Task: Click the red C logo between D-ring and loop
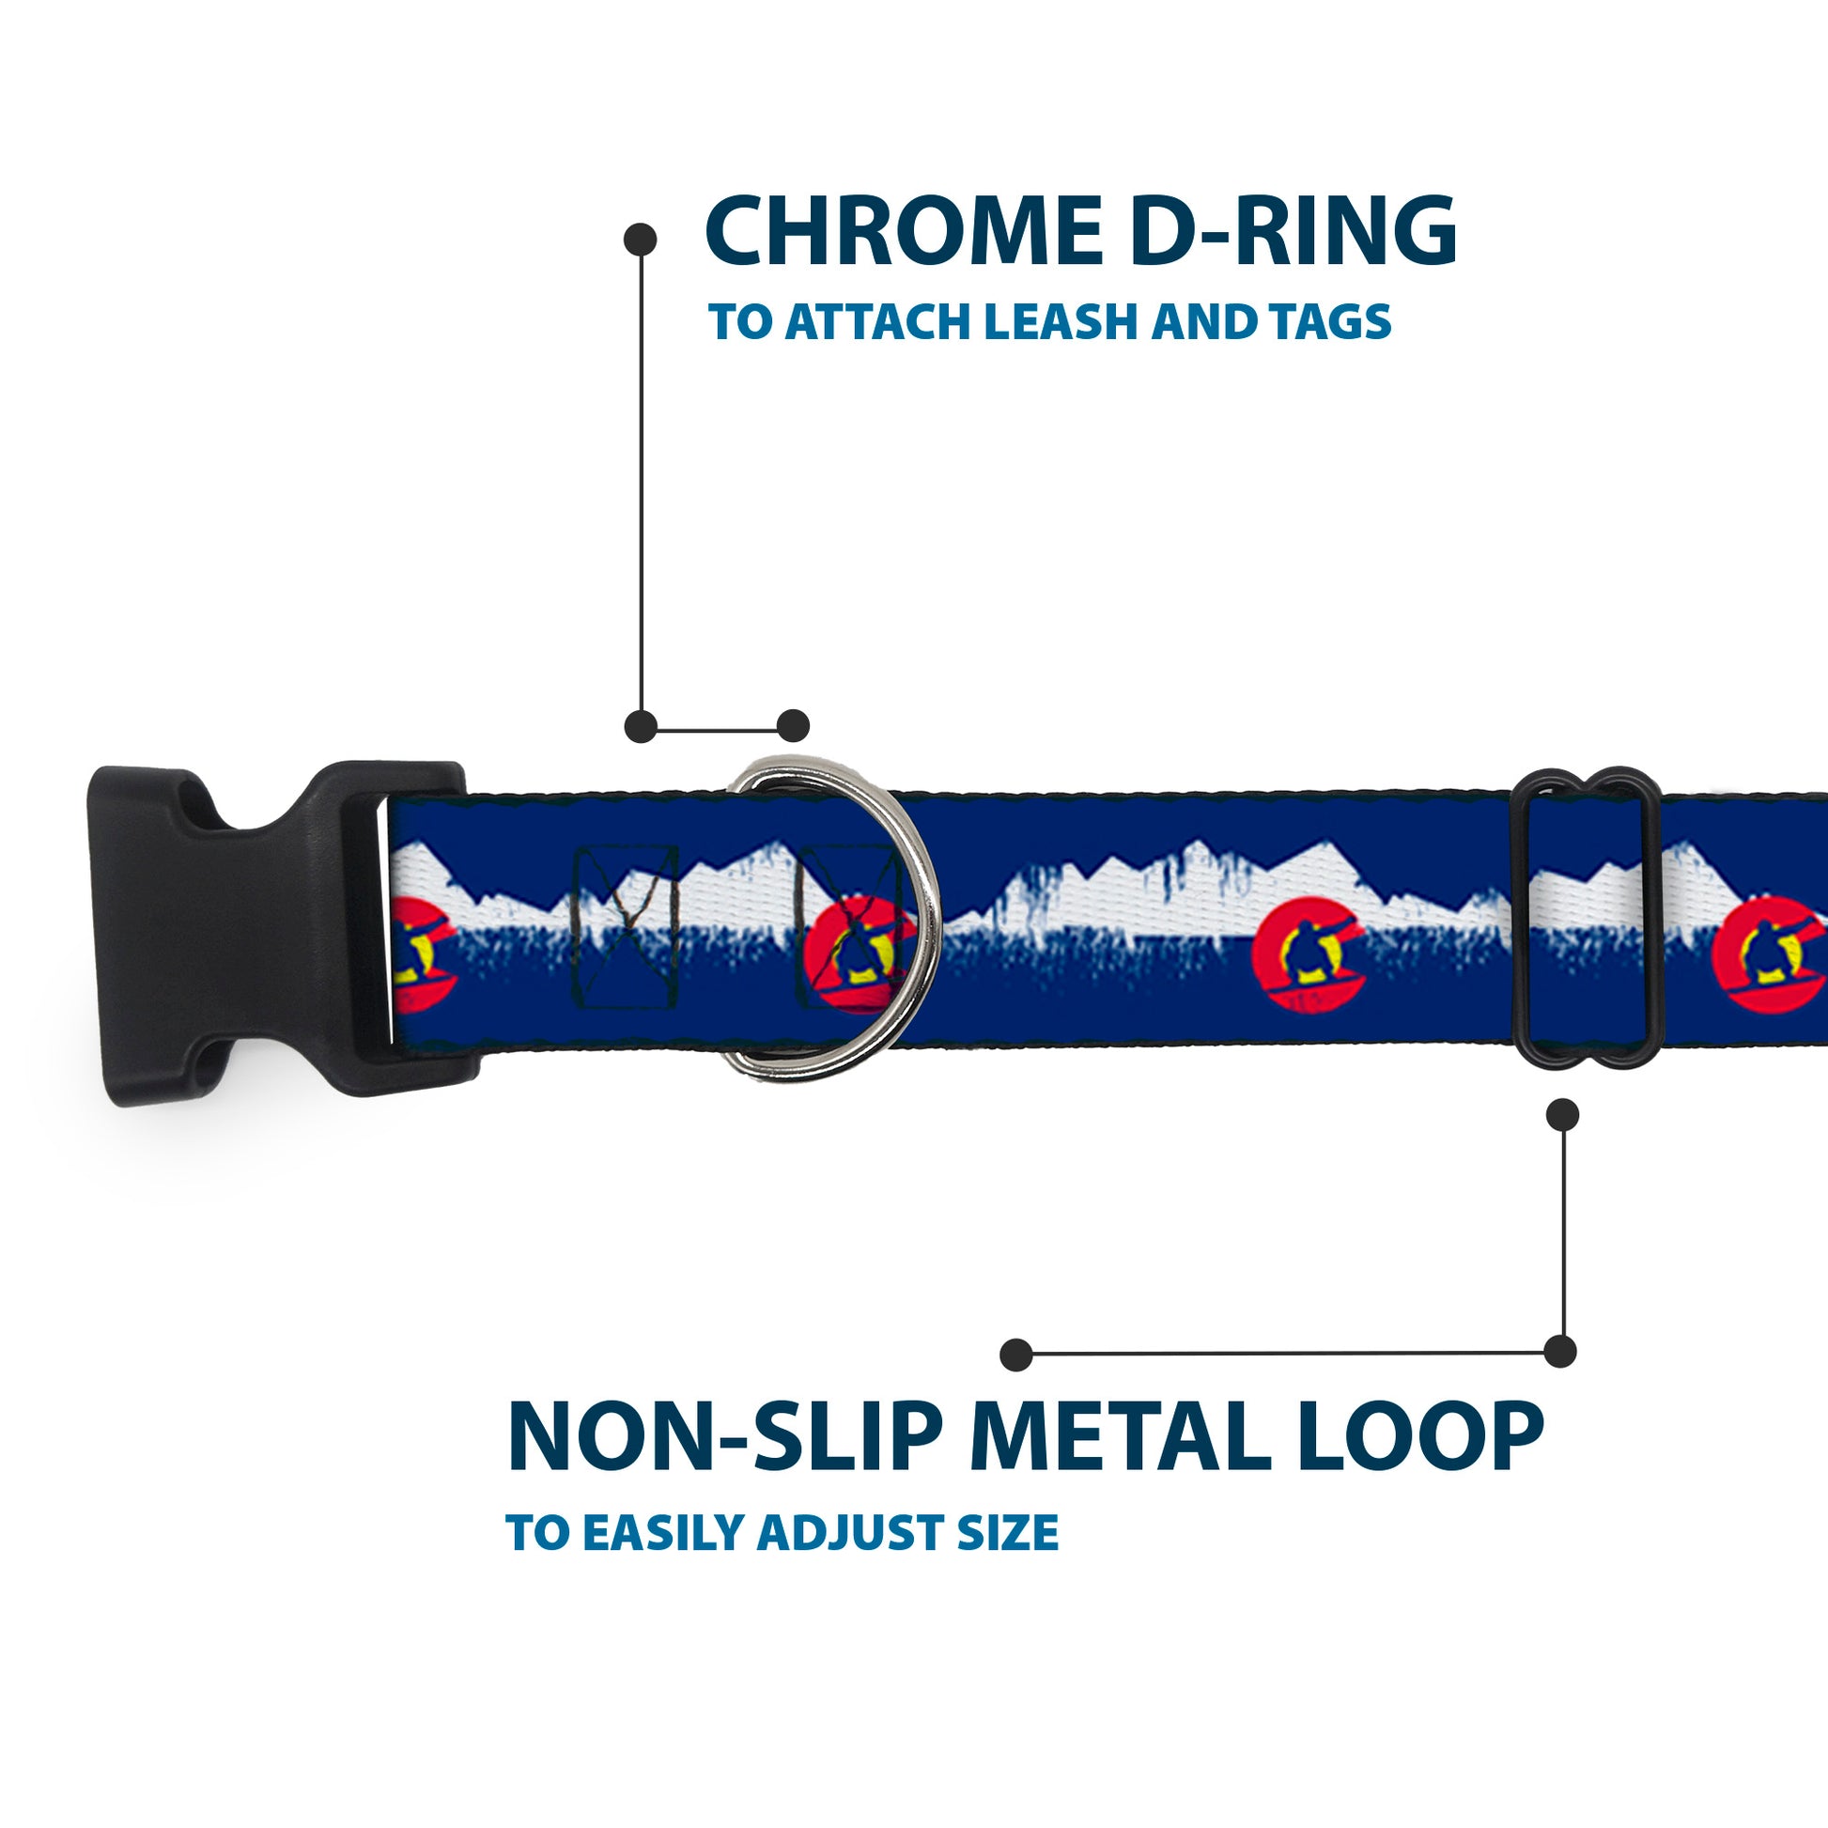coord(1308,957)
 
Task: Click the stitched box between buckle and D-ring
coord(627,925)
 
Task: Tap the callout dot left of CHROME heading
coord(641,240)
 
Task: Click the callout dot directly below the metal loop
coord(1562,1115)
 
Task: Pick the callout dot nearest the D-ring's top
coord(793,726)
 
